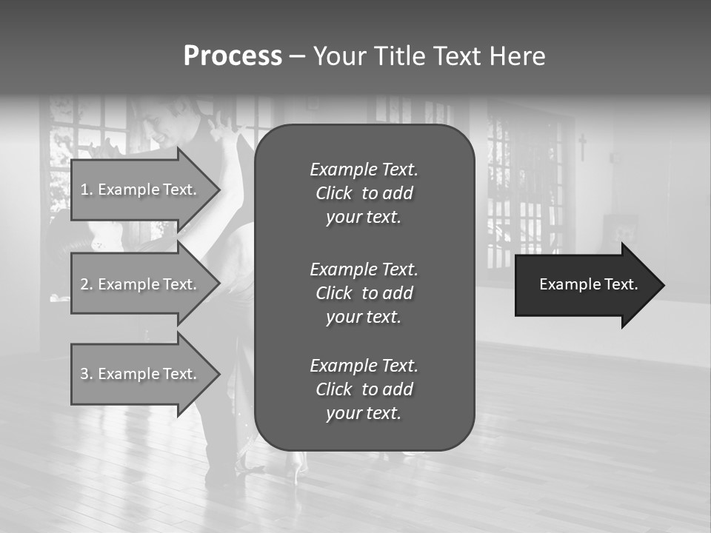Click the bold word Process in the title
tap(233, 56)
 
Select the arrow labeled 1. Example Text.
tap(141, 190)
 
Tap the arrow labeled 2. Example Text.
tap(141, 284)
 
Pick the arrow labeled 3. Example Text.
tap(141, 374)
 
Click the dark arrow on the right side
tap(585, 285)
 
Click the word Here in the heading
tap(517, 56)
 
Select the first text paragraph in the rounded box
tap(364, 193)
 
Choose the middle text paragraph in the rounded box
tap(364, 293)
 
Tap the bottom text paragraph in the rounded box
tap(364, 389)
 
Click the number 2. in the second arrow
tap(86, 284)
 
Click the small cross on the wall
tap(582, 147)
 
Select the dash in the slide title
tap(297, 57)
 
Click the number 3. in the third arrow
tap(86, 374)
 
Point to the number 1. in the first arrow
tap(86, 190)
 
